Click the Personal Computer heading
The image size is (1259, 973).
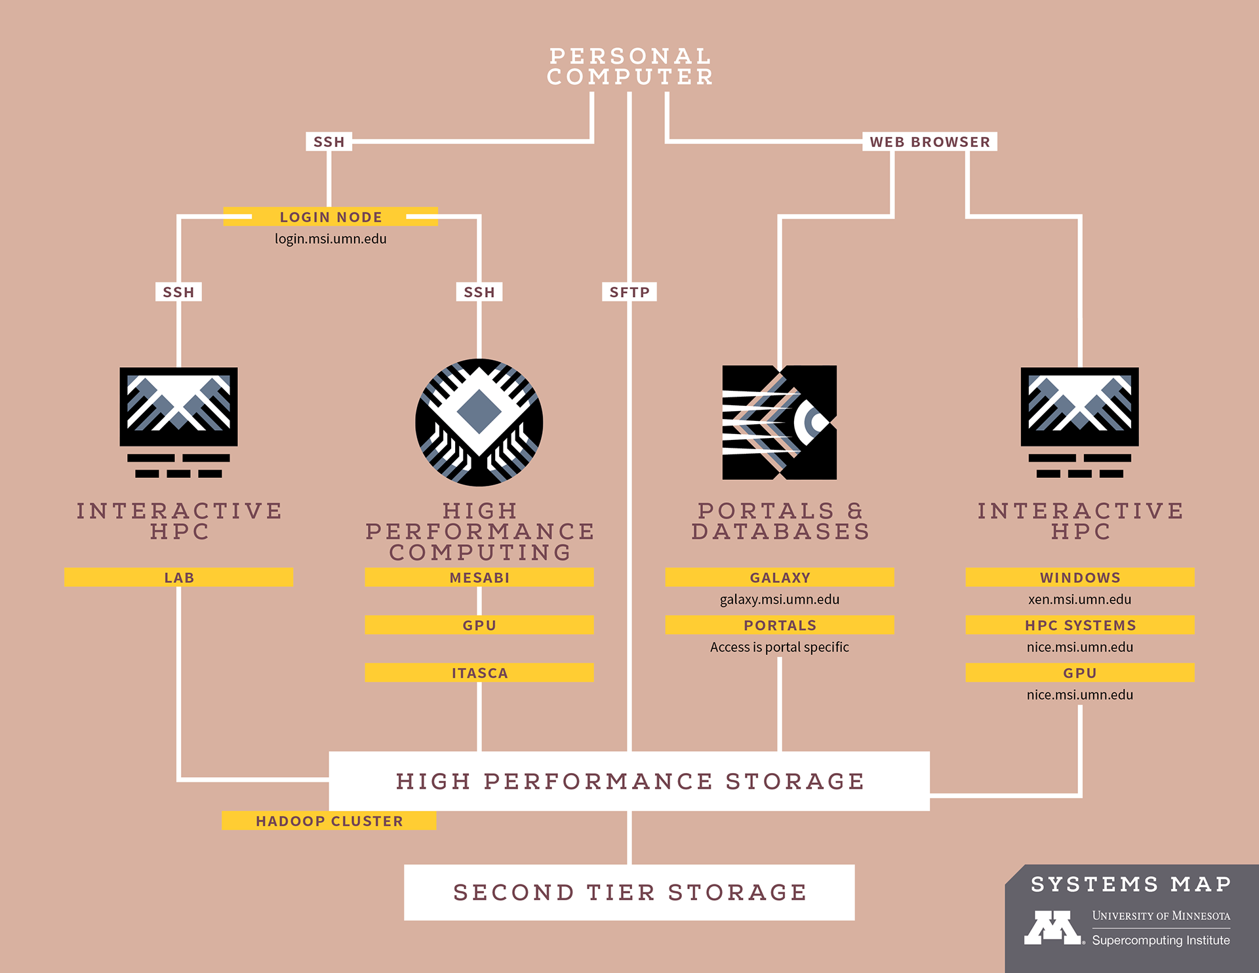click(629, 66)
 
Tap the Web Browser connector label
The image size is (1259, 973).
click(929, 142)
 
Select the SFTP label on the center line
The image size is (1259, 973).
click(629, 292)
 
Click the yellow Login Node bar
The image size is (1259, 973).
click(330, 217)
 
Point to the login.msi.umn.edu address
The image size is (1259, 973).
click(330, 239)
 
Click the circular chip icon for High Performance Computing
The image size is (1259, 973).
click(479, 422)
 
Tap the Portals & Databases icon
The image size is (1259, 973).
click(779, 422)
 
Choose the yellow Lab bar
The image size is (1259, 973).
click(178, 578)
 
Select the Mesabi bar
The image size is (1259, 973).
click(479, 578)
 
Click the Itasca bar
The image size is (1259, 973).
click(479, 673)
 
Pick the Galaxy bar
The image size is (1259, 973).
click(780, 578)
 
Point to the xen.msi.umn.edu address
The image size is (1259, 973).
click(1079, 599)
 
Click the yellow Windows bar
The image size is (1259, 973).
click(1080, 578)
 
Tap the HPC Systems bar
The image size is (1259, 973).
click(1080, 625)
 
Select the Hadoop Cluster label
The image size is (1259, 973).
click(329, 821)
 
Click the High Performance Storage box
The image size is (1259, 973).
click(629, 781)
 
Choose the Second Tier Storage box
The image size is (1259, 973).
click(629, 892)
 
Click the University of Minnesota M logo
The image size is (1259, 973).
click(1053, 927)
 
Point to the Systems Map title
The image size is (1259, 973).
click(1130, 884)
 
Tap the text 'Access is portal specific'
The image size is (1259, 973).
click(779, 647)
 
